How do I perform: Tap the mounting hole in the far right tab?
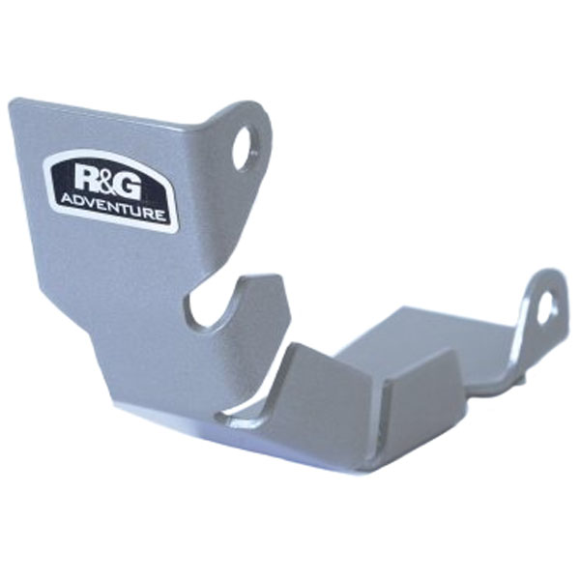point(547,308)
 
